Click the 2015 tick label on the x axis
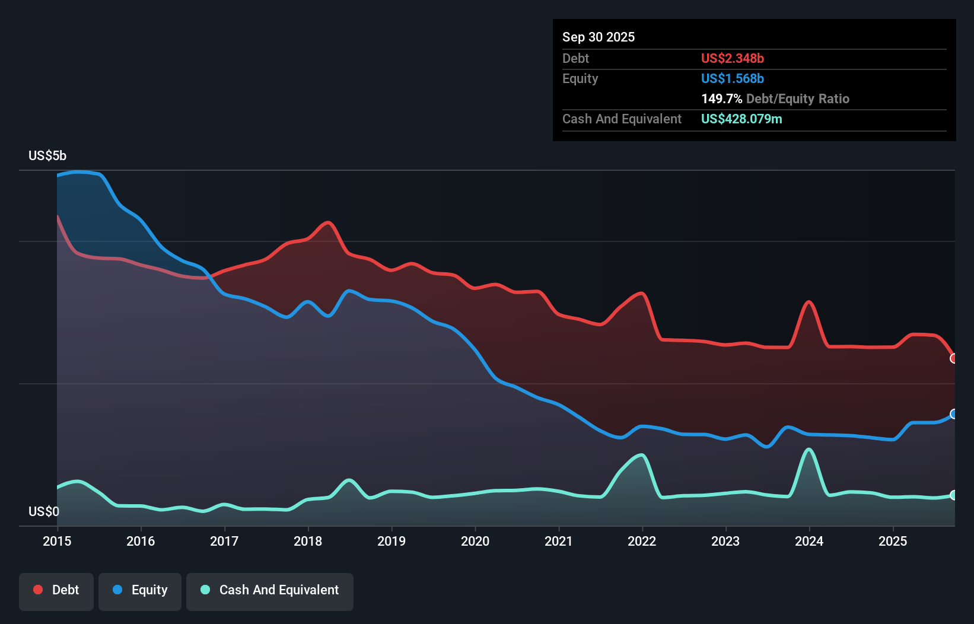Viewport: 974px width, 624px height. [57, 541]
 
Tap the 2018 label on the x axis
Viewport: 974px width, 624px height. [308, 541]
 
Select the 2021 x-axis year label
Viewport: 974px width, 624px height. [559, 541]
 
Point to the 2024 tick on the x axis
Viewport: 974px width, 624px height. [809, 541]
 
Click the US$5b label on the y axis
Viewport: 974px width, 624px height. [47, 156]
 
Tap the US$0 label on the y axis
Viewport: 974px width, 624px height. [44, 511]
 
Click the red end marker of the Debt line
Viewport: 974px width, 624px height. [954, 358]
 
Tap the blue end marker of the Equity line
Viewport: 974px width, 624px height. [954, 414]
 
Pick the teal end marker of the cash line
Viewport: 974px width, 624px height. [954, 495]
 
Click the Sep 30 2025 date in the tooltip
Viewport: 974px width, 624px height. [599, 37]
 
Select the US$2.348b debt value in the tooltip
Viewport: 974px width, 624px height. [733, 58]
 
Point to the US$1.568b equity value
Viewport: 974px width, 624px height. [733, 78]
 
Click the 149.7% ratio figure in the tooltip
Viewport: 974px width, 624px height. [721, 98]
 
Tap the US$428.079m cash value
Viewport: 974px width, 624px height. [741, 119]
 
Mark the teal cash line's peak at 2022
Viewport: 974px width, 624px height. [641, 455]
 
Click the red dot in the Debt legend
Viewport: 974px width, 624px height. [38, 590]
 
